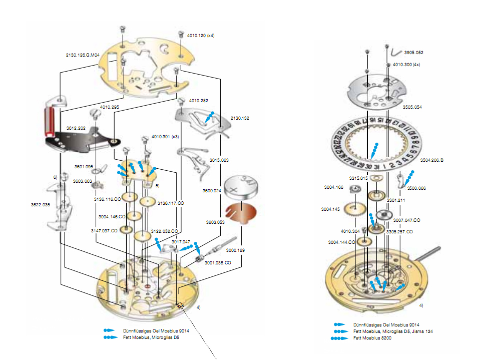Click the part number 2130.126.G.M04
83,55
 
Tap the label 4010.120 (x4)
200,36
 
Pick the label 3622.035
40,205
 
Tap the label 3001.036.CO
217,262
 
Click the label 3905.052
413,52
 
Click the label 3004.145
331,209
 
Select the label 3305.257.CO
399,232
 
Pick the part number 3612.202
76,128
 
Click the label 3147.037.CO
104,231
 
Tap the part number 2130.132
240,118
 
